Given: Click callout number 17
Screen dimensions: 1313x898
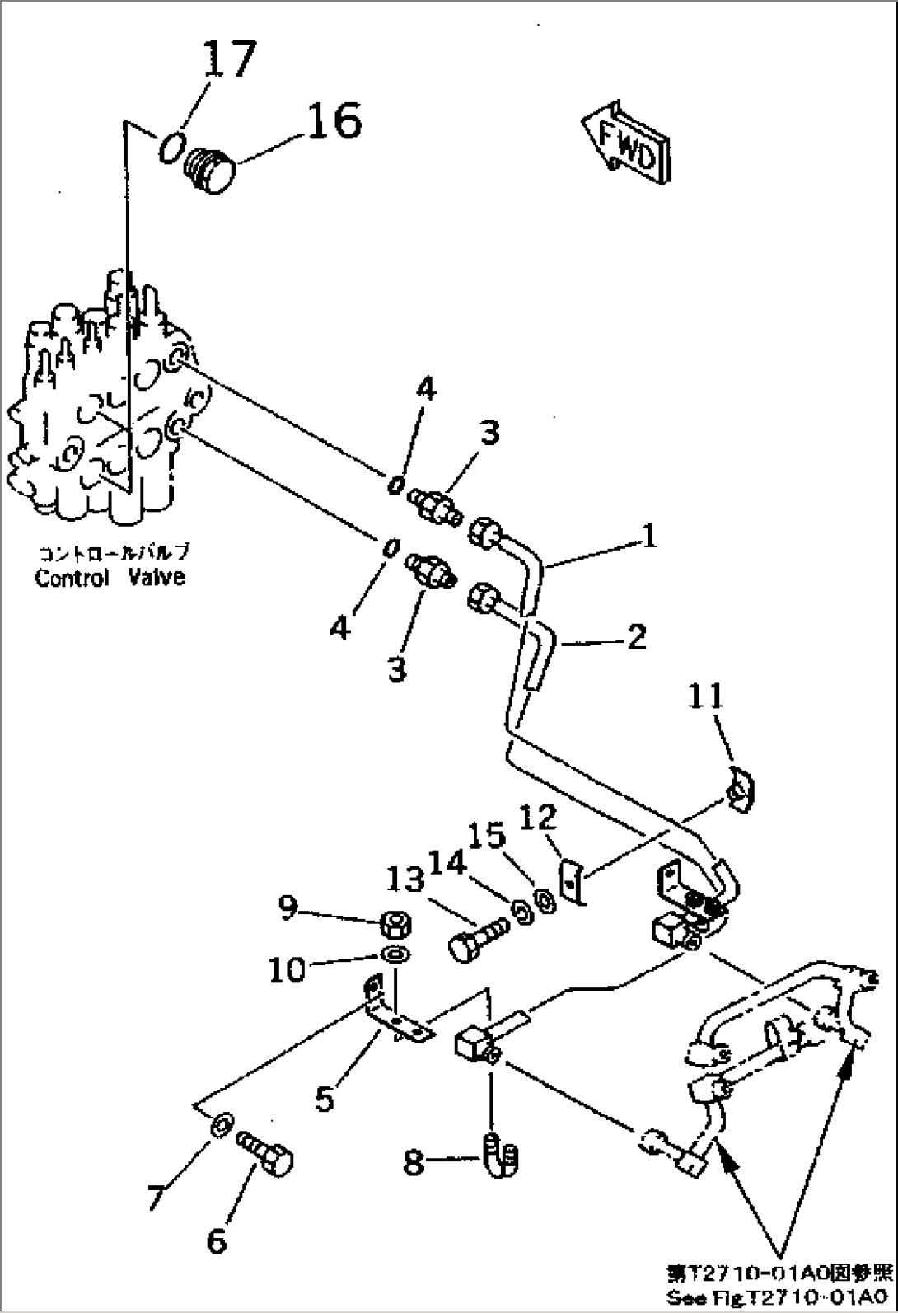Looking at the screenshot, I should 228,59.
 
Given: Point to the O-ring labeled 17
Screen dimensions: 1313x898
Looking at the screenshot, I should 171,148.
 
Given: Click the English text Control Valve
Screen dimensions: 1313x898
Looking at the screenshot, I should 110,578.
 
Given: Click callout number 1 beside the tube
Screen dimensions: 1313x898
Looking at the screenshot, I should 650,537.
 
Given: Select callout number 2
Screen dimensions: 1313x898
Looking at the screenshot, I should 636,637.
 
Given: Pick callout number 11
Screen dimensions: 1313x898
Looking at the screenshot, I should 706,697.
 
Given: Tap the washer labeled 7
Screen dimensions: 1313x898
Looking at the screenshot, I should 222,1124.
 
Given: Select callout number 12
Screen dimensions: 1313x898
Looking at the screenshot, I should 538,818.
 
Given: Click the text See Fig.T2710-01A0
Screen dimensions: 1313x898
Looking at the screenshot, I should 779,1298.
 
